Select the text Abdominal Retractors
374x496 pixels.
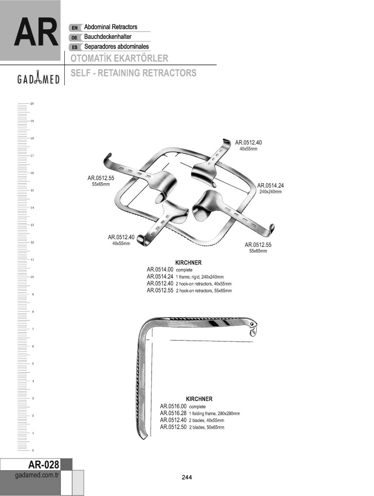point(111,27)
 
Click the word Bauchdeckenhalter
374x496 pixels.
point(108,37)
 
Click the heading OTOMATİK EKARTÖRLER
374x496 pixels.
point(119,58)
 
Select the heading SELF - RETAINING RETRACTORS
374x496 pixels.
point(133,73)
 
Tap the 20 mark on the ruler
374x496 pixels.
point(32,103)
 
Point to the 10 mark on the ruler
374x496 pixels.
point(32,277)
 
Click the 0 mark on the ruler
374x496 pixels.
point(32,450)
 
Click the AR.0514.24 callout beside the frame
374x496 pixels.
point(270,185)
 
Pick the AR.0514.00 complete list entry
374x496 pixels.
point(170,269)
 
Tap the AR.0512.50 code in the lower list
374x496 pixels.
point(173,427)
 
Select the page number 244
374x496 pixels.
point(187,477)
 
